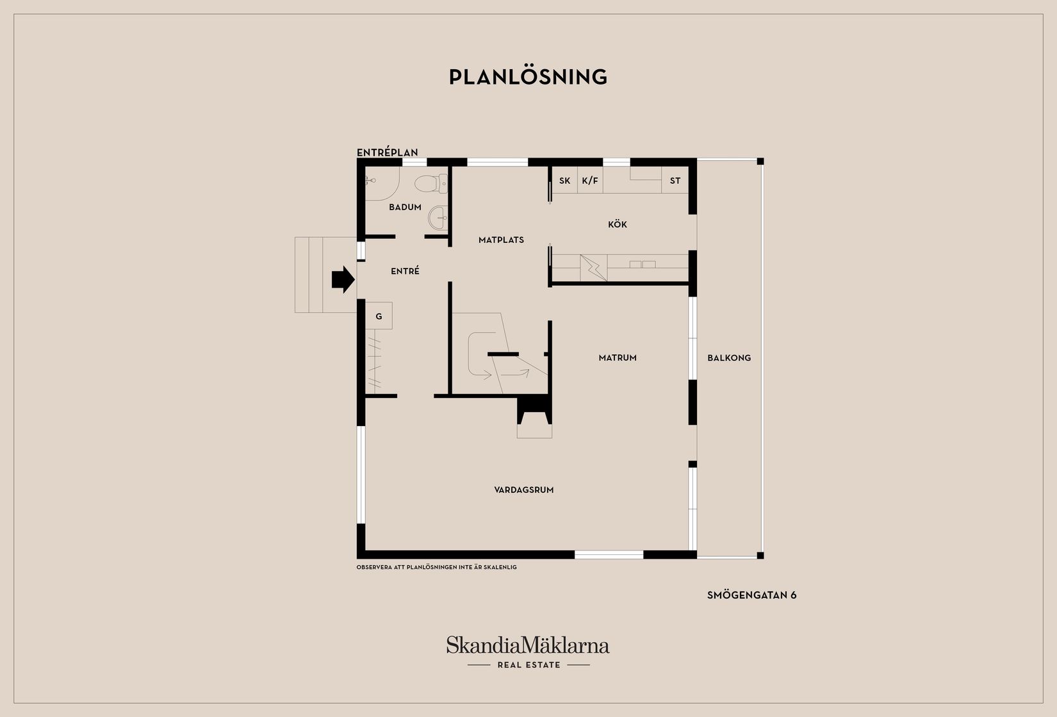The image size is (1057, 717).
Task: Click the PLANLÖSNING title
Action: point(528,77)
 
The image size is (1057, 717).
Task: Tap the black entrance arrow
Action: point(343,279)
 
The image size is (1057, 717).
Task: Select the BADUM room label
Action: point(405,207)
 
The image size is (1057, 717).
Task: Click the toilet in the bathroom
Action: point(431,184)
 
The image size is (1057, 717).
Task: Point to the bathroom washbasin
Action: point(438,218)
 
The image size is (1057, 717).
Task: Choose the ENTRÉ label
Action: point(405,271)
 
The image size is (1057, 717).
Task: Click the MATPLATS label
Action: point(501,240)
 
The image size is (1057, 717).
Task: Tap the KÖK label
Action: point(617,224)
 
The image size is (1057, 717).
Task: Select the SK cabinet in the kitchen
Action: point(564,180)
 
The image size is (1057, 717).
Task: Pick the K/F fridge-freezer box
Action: point(590,180)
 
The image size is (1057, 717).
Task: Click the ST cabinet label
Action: point(675,181)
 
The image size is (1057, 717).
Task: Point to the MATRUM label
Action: point(617,358)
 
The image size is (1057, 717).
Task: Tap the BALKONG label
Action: point(729,358)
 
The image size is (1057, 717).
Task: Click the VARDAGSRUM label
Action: point(524,490)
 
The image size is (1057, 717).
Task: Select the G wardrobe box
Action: point(379,316)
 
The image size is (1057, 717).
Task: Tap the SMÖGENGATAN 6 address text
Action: point(751,595)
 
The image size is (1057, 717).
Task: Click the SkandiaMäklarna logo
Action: point(528,645)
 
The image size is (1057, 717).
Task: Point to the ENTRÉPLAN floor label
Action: point(387,152)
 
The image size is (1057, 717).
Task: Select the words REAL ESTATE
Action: point(529,664)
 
